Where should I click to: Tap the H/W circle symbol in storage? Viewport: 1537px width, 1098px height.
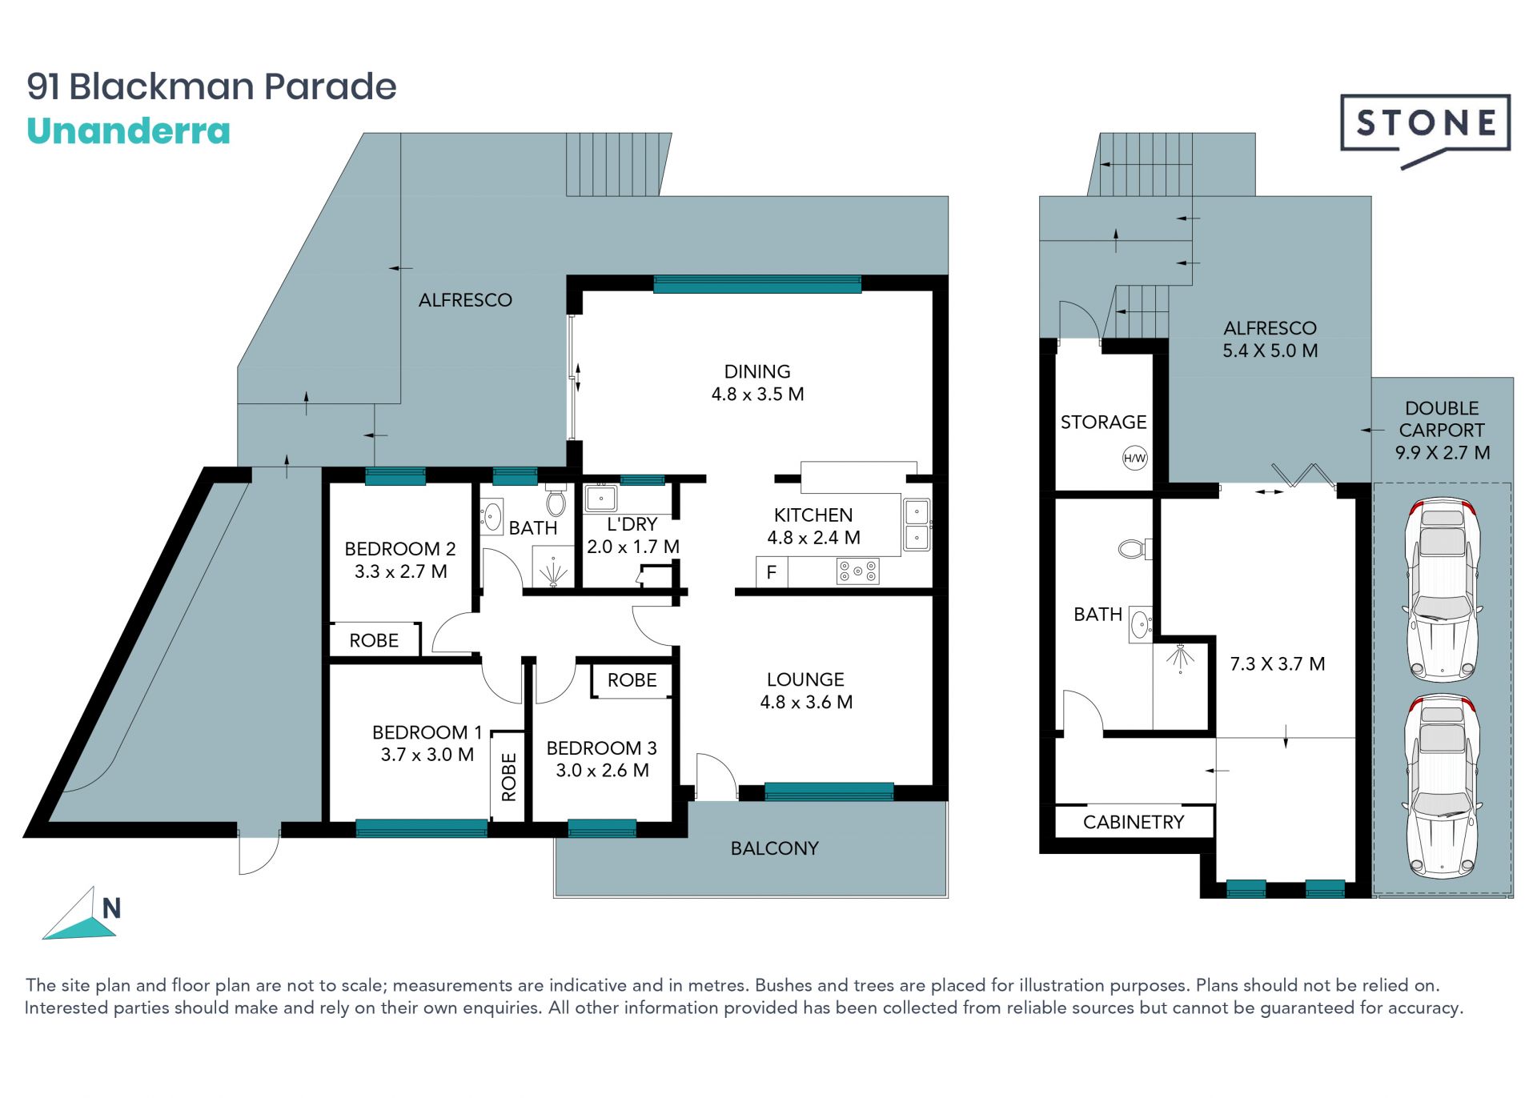point(1134,459)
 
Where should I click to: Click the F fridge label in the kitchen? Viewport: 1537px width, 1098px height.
point(772,572)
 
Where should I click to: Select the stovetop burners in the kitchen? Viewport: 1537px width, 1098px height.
point(857,571)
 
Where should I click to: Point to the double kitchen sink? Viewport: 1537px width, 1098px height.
point(917,525)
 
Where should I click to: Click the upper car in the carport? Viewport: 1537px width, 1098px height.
point(1443,590)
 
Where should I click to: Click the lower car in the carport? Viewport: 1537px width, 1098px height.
point(1443,786)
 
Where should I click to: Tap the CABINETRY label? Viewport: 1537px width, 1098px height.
point(1133,822)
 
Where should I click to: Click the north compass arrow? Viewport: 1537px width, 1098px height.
point(81,917)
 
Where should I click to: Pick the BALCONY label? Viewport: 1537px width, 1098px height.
point(774,848)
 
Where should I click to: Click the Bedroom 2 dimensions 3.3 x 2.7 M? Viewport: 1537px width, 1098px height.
point(400,571)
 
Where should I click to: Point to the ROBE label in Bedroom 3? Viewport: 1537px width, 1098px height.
point(632,680)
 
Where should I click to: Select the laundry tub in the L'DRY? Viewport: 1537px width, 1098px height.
point(600,498)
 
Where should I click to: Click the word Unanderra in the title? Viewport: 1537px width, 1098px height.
point(128,131)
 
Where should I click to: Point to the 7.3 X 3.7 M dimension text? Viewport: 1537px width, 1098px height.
point(1277,663)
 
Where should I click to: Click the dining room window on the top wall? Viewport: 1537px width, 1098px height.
point(757,284)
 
